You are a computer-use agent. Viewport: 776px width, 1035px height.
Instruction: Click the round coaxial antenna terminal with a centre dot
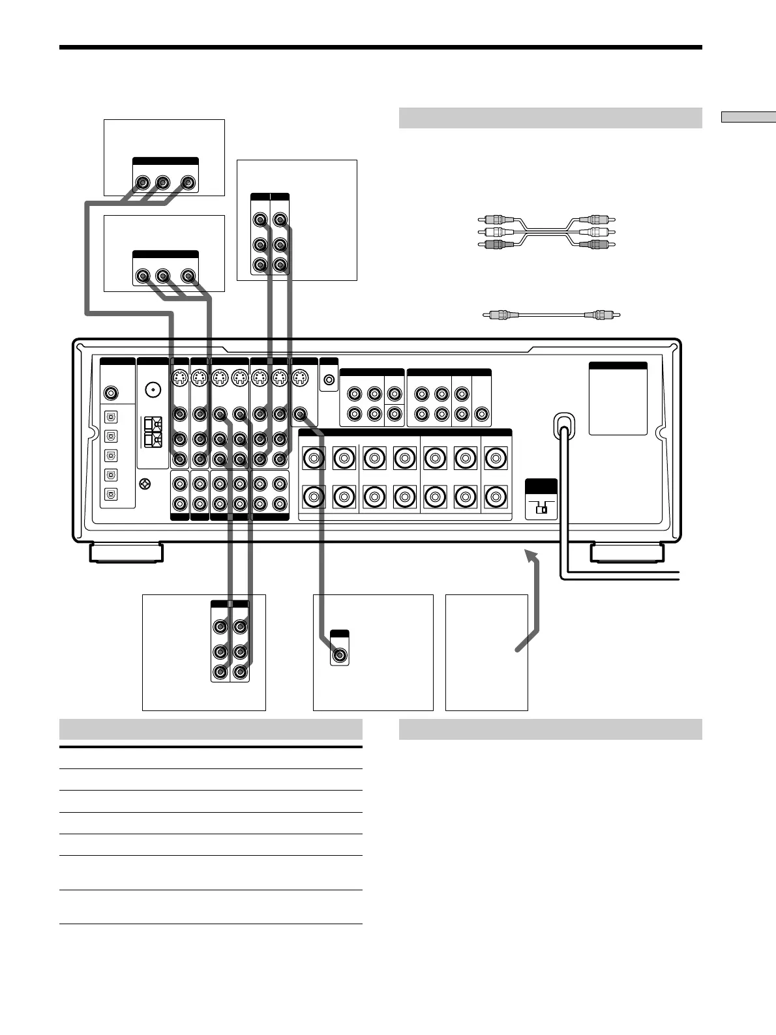click(153, 389)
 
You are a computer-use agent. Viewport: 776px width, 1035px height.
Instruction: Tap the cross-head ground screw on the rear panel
click(145, 484)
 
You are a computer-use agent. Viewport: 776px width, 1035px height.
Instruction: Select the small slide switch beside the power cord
click(541, 508)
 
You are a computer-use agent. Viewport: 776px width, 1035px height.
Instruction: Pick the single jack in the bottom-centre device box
click(339, 655)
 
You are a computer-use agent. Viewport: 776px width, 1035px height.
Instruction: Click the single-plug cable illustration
click(550, 315)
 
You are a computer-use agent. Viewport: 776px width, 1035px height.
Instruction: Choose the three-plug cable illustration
click(546, 232)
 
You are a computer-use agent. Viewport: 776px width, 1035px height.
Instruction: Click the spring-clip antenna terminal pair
click(152, 432)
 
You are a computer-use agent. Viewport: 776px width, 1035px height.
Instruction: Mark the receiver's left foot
click(126, 553)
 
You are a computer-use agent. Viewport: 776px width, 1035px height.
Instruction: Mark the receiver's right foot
click(627, 553)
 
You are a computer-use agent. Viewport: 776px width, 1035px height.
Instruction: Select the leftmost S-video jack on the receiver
click(179, 378)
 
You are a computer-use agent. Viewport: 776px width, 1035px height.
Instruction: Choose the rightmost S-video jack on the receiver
click(300, 378)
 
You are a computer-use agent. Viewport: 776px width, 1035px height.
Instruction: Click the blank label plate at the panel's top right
click(618, 399)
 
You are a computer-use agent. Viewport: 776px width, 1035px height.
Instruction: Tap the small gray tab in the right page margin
click(748, 117)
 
